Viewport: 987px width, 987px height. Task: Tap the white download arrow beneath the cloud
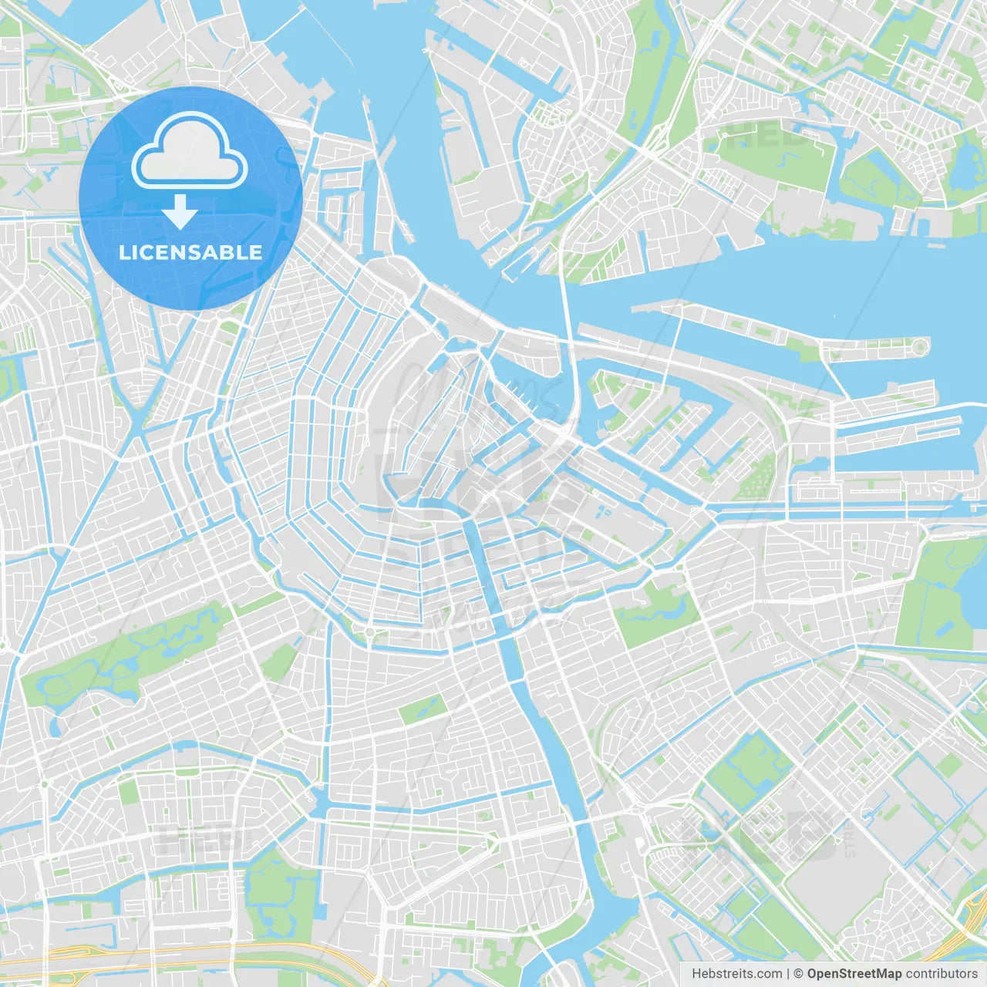[180, 211]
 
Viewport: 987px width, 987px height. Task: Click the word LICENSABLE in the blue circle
[190, 253]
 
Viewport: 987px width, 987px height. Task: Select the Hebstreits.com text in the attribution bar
[736, 974]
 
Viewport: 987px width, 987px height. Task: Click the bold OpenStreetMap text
[854, 974]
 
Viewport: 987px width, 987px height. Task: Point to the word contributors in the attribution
[941, 974]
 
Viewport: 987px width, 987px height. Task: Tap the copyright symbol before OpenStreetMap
[798, 974]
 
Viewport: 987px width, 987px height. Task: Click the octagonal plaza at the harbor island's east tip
[919, 346]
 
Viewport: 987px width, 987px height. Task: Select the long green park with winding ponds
[123, 655]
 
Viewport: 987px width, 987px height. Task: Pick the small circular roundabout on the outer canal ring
[369, 633]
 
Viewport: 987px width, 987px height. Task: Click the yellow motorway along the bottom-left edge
[154, 956]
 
